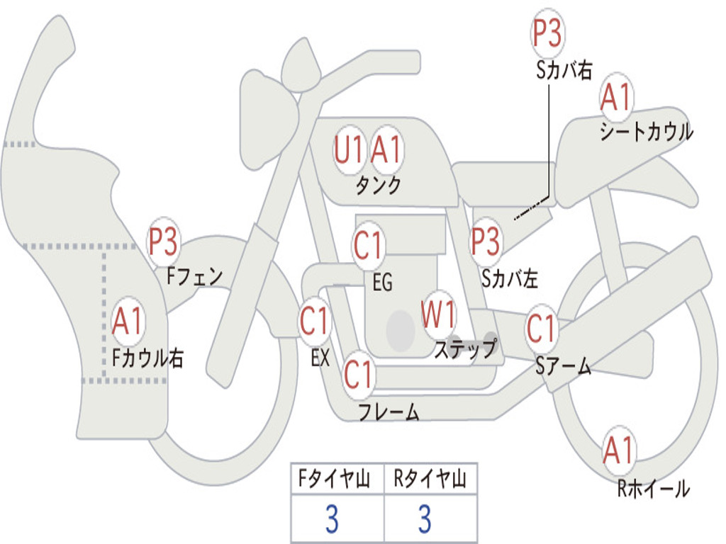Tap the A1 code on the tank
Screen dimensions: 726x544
(386, 150)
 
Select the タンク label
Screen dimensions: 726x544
(378, 185)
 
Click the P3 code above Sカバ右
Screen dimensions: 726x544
(547, 33)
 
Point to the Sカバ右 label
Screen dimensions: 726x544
(564, 70)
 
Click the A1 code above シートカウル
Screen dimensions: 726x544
(616, 97)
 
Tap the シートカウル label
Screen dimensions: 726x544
(647, 131)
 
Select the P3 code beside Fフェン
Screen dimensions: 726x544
(162, 241)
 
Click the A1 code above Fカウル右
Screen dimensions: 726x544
(127, 321)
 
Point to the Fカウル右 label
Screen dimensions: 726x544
(147, 358)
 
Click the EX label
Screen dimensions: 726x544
(320, 358)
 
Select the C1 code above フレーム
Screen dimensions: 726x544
(358, 374)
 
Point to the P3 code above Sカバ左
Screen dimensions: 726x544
(485, 241)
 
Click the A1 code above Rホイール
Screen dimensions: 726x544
(618, 450)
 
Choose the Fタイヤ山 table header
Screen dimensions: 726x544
(335, 479)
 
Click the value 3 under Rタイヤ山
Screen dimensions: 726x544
(425, 518)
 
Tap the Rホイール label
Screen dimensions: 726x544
(653, 489)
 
